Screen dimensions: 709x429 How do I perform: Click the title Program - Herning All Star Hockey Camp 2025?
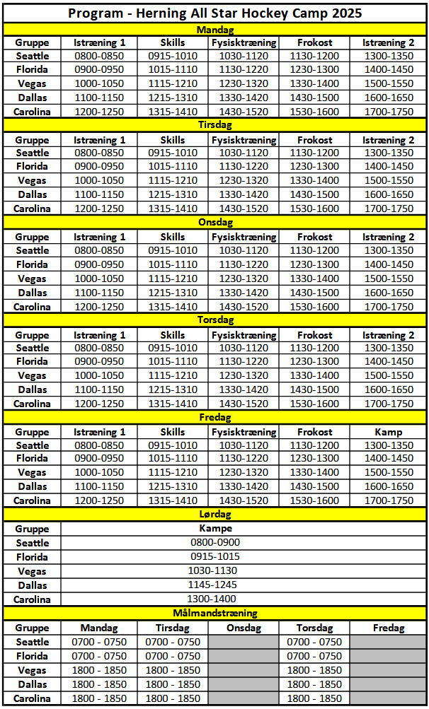(214, 13)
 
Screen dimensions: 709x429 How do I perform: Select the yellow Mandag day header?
(214, 30)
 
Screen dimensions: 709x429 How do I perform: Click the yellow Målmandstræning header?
(214, 614)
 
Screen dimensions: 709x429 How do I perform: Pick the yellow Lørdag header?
(214, 515)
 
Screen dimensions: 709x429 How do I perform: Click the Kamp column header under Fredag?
(389, 432)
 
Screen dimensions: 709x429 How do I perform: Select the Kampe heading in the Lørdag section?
(214, 528)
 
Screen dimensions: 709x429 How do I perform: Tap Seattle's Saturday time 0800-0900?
(214, 543)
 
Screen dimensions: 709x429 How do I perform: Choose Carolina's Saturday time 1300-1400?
(214, 599)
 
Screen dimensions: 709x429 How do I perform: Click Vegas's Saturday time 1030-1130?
(214, 571)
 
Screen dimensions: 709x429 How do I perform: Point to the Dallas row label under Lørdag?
(33, 585)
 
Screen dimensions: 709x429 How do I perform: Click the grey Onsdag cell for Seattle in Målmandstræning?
(244, 642)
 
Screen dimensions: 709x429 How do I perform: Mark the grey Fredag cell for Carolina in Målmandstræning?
(388, 698)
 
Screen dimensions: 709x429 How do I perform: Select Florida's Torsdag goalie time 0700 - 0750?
(314, 656)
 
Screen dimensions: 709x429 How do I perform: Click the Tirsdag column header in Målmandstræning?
(172, 628)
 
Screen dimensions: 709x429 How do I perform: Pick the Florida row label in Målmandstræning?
(33, 656)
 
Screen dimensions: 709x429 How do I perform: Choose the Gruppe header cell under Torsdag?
(33, 335)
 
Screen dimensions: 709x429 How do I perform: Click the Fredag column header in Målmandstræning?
(388, 628)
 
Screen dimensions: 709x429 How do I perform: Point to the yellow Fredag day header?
(214, 418)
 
